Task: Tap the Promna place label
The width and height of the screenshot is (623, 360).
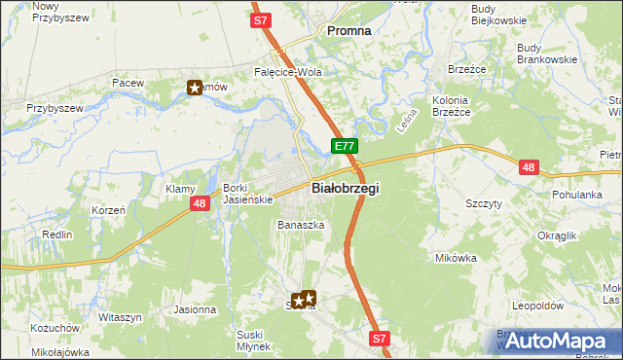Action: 349,30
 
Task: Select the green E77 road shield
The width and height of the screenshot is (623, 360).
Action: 345,147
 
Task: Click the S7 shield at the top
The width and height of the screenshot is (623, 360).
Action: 260,19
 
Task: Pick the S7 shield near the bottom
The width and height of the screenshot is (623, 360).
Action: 380,339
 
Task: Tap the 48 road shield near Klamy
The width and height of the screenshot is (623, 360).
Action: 200,203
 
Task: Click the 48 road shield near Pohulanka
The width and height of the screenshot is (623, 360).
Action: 529,167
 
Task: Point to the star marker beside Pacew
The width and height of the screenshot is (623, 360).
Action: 194,89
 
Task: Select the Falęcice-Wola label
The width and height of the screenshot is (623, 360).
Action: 288,72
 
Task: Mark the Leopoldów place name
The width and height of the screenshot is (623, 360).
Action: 538,306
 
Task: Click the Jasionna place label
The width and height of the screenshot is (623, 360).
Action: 195,309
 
